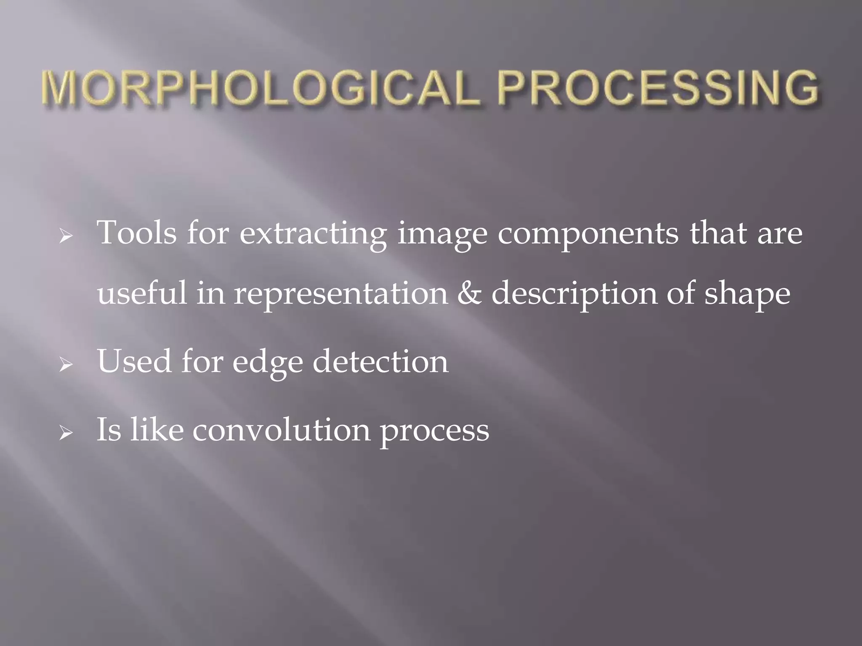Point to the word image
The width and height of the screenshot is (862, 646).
(442, 234)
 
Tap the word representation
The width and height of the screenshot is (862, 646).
(341, 294)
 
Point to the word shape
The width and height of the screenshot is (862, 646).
(748, 293)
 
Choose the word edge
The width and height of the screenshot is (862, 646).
(268, 362)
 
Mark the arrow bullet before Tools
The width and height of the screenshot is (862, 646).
(66, 238)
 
